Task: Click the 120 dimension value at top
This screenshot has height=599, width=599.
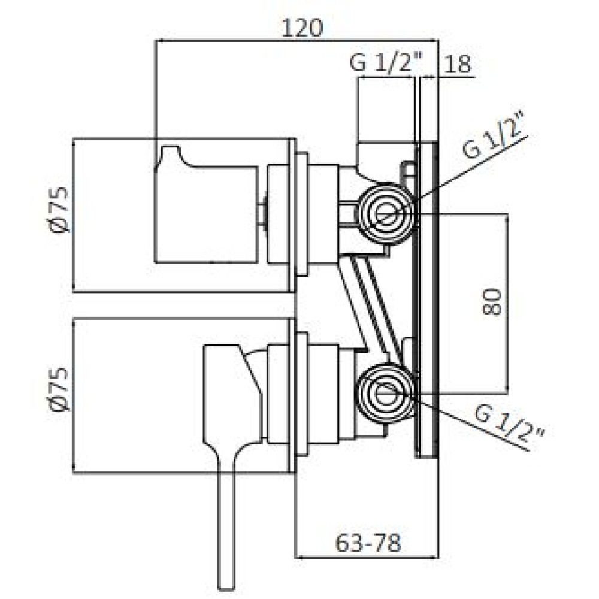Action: [302, 28]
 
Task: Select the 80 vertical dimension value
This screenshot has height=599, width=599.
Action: [492, 302]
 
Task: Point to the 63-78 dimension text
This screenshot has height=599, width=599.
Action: [368, 543]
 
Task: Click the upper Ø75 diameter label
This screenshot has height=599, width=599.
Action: [60, 210]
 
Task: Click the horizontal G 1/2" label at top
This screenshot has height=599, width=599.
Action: [386, 63]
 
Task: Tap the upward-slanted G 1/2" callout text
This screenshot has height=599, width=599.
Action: [494, 135]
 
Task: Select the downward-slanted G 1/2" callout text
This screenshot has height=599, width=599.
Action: [510, 425]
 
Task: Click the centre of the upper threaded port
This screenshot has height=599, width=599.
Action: [386, 213]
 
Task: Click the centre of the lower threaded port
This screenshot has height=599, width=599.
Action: [386, 393]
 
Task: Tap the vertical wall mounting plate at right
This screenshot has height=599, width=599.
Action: [426, 300]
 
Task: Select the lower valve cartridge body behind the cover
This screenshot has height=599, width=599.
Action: [323, 394]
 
